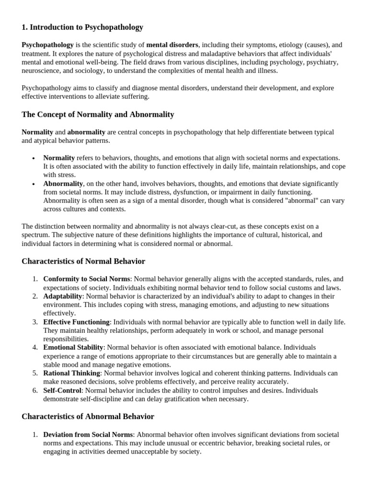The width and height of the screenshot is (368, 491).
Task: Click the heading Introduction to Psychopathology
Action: (82, 27)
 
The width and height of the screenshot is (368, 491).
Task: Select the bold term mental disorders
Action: (172, 45)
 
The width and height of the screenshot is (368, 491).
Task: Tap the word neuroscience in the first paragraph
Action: (42, 70)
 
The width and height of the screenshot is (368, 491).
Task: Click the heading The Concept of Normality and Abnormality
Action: (98, 115)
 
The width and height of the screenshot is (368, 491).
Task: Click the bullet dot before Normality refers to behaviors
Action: (33, 158)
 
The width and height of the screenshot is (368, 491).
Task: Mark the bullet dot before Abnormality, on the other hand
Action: (33, 184)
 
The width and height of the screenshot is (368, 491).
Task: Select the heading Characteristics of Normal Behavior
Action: (83, 261)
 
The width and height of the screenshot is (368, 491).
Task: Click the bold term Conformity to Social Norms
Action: (87, 279)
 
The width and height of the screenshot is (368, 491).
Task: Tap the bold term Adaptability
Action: (63, 296)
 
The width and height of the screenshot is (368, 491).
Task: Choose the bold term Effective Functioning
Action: (77, 322)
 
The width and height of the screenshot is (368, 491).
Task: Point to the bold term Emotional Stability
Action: (73, 347)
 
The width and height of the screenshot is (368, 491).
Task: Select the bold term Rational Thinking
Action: (72, 373)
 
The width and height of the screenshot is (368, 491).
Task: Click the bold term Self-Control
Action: (63, 390)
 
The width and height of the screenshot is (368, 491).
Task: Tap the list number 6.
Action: (35, 390)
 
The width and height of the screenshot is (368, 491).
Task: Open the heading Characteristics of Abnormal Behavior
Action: (88, 417)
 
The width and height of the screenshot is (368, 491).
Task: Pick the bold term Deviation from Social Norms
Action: (88, 434)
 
